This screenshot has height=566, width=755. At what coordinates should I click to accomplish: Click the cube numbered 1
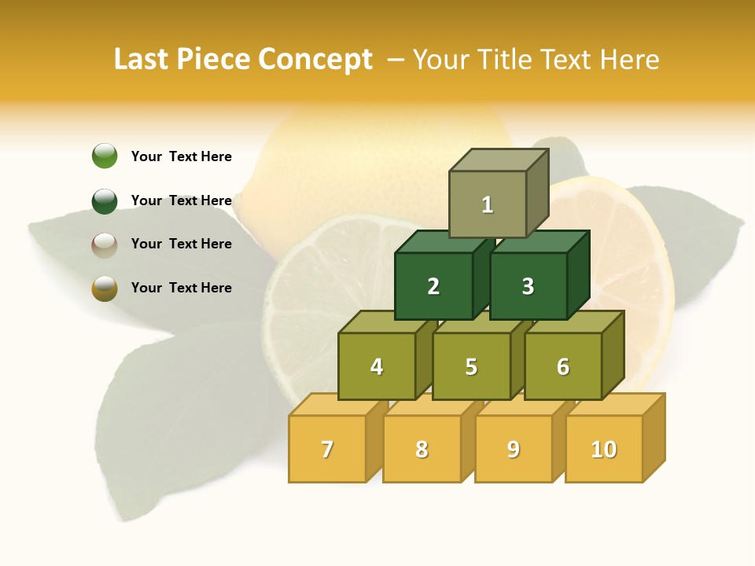(488, 204)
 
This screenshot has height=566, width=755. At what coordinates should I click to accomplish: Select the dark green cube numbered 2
(433, 286)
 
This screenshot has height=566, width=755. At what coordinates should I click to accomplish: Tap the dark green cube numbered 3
(528, 286)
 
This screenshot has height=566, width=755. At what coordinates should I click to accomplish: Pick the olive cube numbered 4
(377, 366)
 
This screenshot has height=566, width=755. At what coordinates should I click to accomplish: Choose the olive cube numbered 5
(471, 366)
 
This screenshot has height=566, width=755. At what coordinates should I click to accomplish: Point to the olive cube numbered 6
(562, 366)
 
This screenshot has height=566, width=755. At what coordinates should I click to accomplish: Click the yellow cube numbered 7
(327, 449)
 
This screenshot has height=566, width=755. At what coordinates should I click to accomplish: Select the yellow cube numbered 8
(422, 449)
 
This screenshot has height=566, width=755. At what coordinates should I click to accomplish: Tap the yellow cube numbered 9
(513, 449)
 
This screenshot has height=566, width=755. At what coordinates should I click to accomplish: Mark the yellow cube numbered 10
(603, 449)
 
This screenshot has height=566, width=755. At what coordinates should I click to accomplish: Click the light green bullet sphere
(105, 156)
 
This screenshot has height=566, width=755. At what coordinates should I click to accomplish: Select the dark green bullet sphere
(105, 200)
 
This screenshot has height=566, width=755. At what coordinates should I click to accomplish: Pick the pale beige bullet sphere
(105, 244)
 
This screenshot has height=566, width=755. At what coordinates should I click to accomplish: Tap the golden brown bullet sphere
(105, 289)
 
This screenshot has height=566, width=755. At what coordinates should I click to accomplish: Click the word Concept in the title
(315, 60)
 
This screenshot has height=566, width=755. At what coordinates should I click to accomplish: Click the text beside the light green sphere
(181, 156)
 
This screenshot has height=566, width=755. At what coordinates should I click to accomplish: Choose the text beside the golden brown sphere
(181, 288)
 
